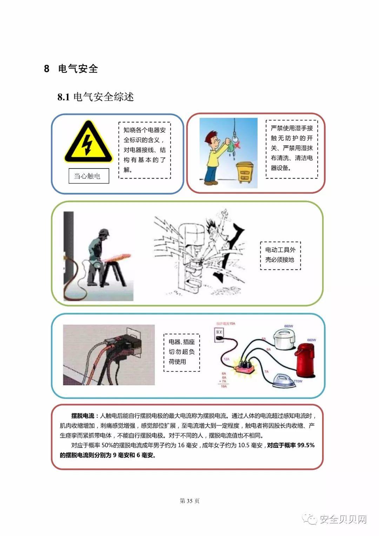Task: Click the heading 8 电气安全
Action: pyautogui.click(x=71, y=69)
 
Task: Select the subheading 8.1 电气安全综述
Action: pyautogui.click(x=95, y=97)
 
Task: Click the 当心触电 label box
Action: pyautogui.click(x=88, y=176)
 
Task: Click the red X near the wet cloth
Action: pyautogui.click(x=238, y=145)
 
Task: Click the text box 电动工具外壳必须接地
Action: pyautogui.click(x=280, y=255)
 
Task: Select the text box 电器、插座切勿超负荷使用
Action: pyautogui.click(x=181, y=352)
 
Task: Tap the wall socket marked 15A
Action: pyautogui.click(x=219, y=335)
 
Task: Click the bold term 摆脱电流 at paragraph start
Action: pyautogui.click(x=82, y=416)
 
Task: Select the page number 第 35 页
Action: pyautogui.click(x=189, y=501)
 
